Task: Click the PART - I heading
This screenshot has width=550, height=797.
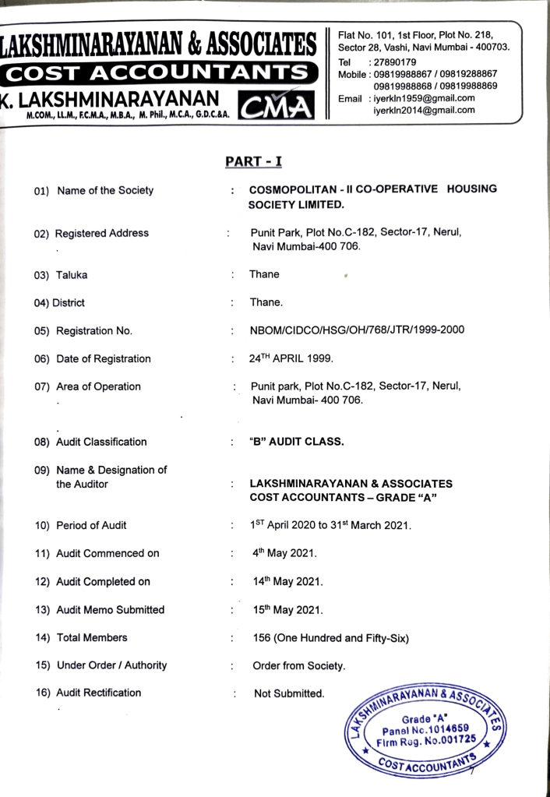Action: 253,161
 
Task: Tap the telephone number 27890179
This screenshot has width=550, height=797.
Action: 395,62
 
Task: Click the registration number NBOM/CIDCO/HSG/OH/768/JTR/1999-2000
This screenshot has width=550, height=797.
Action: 357,330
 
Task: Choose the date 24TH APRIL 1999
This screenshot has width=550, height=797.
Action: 291,358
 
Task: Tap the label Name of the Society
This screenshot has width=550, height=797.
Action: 104,190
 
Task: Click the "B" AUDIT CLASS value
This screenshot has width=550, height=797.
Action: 296,442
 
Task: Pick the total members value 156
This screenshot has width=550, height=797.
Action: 263,637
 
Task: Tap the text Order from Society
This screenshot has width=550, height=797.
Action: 299,666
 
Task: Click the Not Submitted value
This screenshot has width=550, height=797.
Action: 289,693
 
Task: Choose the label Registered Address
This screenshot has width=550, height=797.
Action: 101,233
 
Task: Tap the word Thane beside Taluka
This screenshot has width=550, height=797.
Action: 264,274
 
